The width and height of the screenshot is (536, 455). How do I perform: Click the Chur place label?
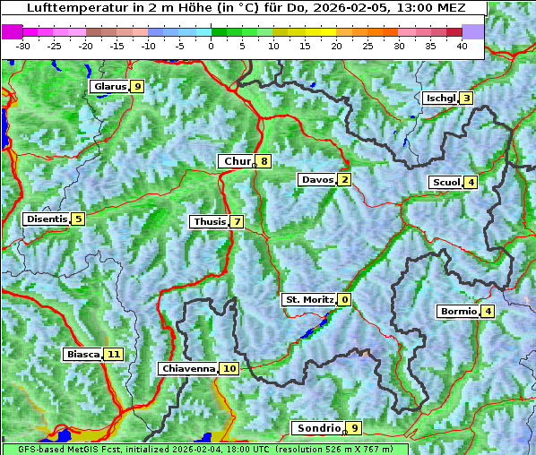click(237, 161)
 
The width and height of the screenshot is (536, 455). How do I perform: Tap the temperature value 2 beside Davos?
click(344, 179)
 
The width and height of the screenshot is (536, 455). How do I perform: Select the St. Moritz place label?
click(308, 299)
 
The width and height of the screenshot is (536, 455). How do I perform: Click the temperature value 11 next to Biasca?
click(112, 354)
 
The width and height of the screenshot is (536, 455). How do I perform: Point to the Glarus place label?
click(108, 86)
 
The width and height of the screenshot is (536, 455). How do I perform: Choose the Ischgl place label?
click(440, 98)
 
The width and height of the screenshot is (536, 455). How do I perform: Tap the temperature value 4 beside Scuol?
click(471, 182)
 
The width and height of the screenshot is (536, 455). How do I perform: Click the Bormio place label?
click(457, 312)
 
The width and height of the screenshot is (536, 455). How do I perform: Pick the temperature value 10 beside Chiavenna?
click(229, 368)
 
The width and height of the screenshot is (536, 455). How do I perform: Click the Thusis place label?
click(209, 221)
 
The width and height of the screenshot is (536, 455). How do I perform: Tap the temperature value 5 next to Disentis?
click(78, 219)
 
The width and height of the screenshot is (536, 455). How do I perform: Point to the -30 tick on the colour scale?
click(23, 46)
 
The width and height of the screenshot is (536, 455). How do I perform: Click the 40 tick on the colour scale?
click(462, 46)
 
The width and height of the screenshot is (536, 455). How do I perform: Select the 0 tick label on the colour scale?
click(211, 46)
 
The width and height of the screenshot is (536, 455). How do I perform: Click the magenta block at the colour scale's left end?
click(12, 31)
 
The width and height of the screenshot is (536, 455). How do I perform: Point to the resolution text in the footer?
click(341, 449)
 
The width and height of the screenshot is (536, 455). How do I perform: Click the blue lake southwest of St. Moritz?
click(307, 333)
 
